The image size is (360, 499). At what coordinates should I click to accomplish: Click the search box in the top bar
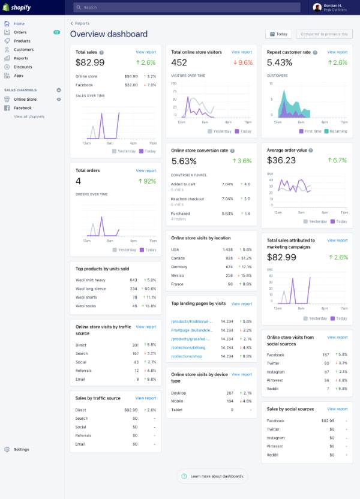click(x=186, y=7)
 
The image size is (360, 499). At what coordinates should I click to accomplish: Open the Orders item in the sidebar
click(x=20, y=32)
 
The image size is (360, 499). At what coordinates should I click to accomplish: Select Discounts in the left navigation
click(x=23, y=67)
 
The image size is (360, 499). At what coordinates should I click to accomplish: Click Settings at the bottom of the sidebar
click(x=22, y=449)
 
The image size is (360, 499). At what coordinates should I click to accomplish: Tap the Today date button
click(x=278, y=34)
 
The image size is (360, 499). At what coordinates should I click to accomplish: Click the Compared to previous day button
click(x=328, y=34)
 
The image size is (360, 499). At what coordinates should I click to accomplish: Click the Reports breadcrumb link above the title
click(x=82, y=23)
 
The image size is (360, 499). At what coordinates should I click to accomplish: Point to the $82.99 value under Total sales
click(x=91, y=62)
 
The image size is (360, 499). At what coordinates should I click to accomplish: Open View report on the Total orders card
click(x=146, y=171)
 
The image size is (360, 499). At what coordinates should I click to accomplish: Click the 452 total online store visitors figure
click(x=179, y=62)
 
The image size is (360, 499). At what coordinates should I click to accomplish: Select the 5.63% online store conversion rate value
click(x=184, y=161)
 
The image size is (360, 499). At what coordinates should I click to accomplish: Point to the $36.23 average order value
click(x=281, y=160)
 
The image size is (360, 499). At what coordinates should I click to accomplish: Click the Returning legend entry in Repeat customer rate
click(x=337, y=131)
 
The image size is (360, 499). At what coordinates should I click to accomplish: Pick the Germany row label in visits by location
click(x=180, y=267)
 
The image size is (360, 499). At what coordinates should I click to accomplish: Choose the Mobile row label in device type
click(x=178, y=401)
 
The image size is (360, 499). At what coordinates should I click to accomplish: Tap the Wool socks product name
click(x=85, y=306)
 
